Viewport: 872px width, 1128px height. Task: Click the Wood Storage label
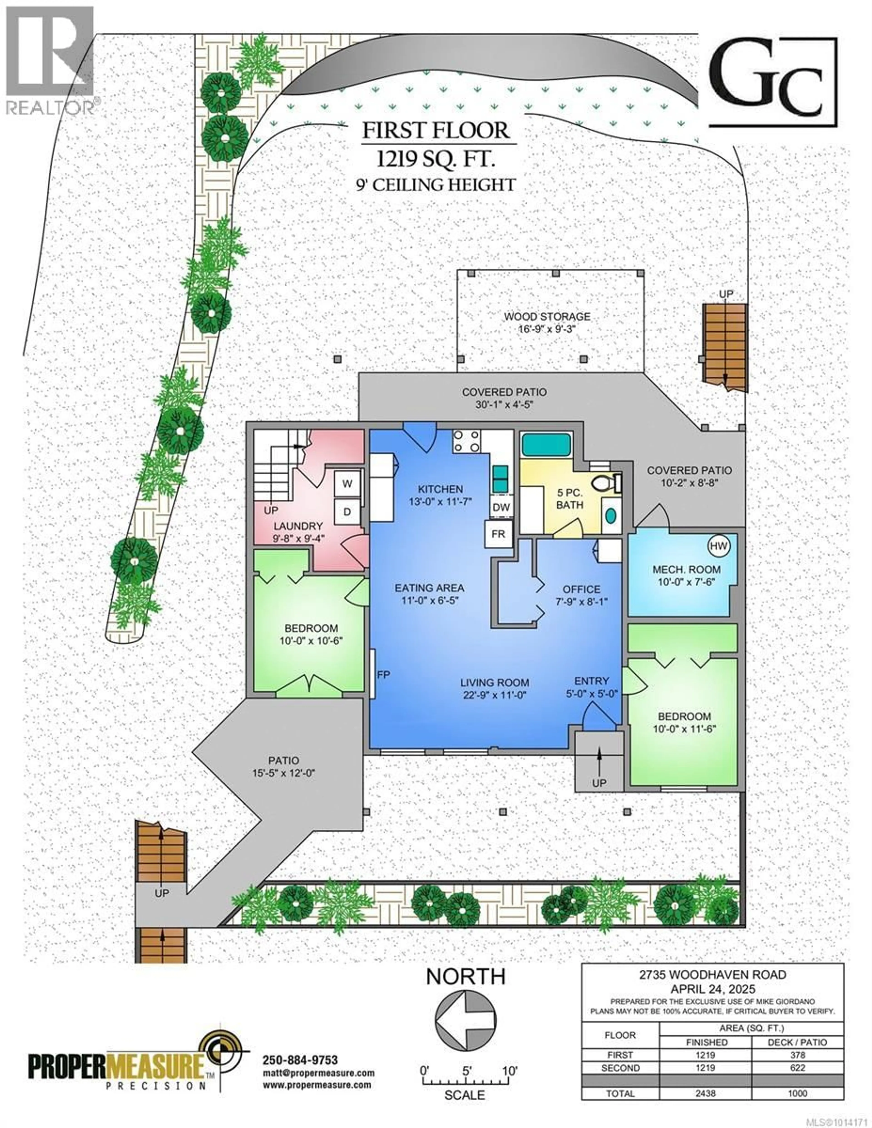tap(547, 317)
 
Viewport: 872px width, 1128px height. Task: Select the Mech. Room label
tap(686, 569)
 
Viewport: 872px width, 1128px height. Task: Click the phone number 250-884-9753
tap(300, 1060)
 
